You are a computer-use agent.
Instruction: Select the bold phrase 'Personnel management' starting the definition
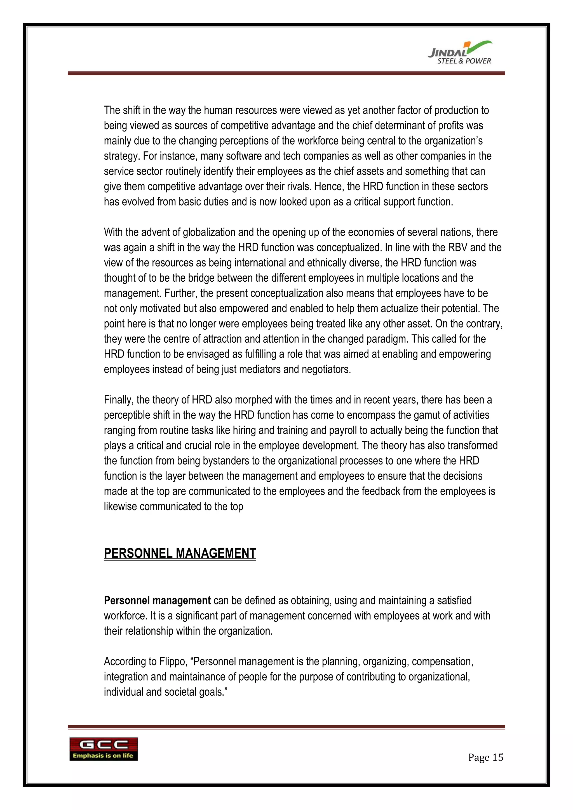(157, 601)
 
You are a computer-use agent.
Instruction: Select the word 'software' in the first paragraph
(243, 156)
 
